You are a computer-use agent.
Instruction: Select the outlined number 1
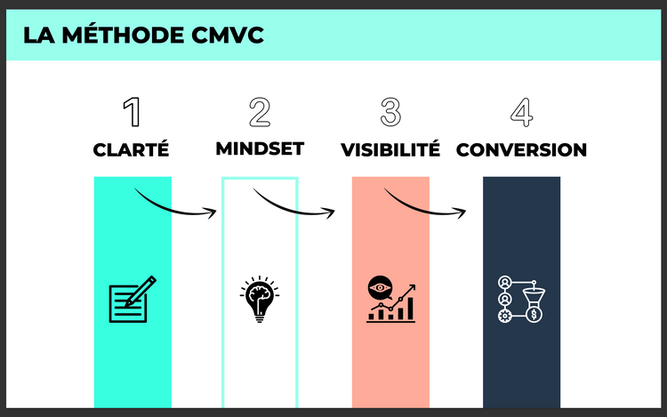(132, 112)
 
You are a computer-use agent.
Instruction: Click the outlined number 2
(259, 112)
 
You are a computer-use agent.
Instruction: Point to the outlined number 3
(390, 112)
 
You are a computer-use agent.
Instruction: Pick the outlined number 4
(521, 112)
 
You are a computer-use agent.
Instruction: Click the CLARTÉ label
(131, 149)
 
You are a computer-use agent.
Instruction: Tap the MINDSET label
(260, 148)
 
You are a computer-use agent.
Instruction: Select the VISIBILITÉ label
(390, 149)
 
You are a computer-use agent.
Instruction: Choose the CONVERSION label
(521, 149)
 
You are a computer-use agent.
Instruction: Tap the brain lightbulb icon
(259, 300)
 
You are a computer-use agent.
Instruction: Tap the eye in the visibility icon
(379, 288)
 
